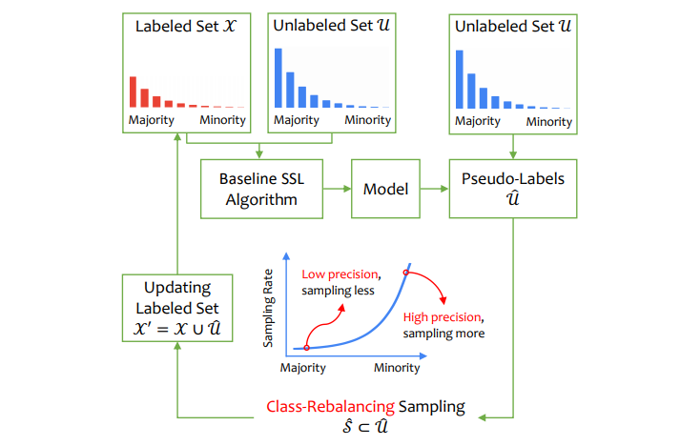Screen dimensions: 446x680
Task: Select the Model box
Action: coord(385,190)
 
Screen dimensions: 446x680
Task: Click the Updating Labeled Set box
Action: coord(177,308)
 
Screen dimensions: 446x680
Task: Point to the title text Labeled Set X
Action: coord(187,30)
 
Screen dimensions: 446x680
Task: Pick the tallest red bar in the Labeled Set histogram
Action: coord(134,91)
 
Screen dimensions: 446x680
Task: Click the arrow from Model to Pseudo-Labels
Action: coord(435,190)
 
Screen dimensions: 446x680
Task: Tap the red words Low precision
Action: coord(337,274)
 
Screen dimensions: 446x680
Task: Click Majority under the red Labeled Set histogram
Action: coord(153,120)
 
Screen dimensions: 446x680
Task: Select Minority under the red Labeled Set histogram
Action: coord(222,120)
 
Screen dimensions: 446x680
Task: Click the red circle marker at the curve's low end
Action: coord(306,348)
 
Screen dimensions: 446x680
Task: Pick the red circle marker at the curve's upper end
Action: coord(406,274)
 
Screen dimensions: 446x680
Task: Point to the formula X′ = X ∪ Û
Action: coord(177,328)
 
